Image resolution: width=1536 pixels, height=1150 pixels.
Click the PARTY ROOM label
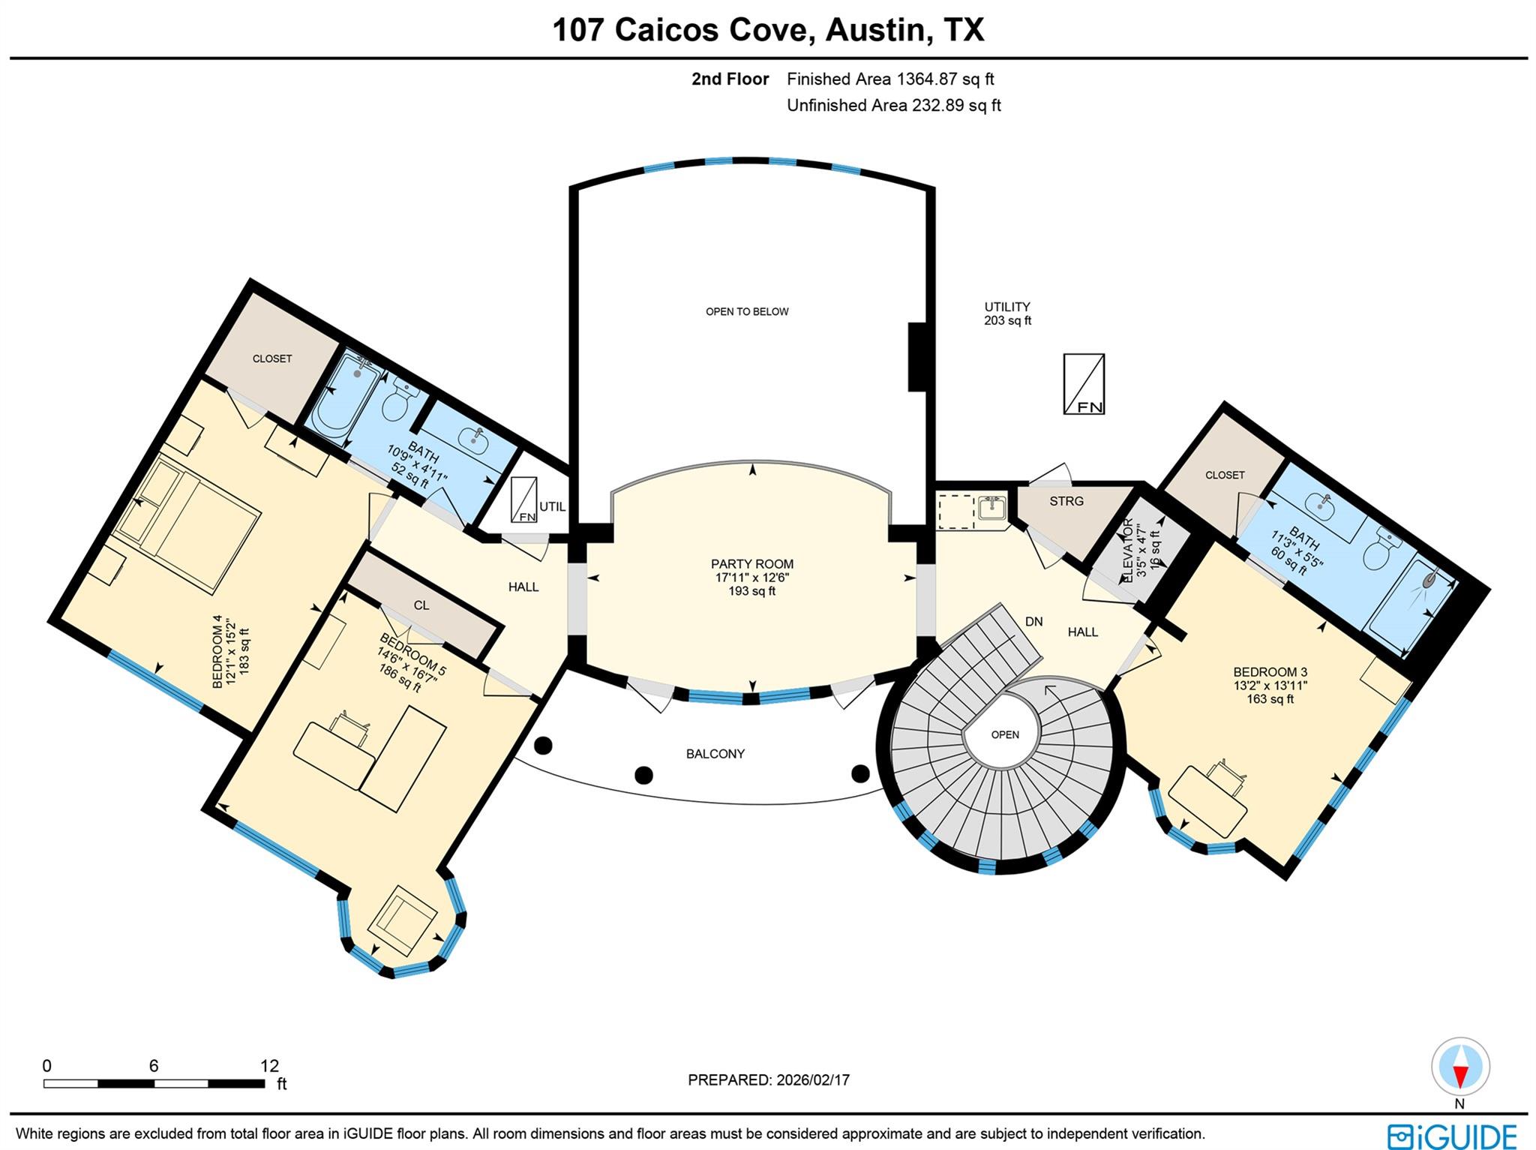click(x=751, y=564)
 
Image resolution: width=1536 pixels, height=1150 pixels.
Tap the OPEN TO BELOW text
click(x=747, y=311)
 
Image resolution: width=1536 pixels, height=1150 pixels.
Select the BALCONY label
click(x=715, y=754)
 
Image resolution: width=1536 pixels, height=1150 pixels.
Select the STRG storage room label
click(x=1066, y=501)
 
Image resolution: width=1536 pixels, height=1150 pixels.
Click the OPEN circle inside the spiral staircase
click(x=1004, y=734)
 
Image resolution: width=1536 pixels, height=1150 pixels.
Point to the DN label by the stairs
click(x=1033, y=621)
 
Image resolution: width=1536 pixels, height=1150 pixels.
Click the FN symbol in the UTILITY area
click(x=1084, y=384)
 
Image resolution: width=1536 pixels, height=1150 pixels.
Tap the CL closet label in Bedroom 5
click(x=421, y=605)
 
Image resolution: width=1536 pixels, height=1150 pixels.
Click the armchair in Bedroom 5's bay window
click(x=406, y=920)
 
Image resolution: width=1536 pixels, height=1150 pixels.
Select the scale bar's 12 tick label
click(x=269, y=1065)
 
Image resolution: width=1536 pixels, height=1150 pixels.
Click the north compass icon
click(x=1459, y=1067)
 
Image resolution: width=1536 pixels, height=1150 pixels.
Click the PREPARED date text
click(x=768, y=1080)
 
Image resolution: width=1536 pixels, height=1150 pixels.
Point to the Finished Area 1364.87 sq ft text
click(x=889, y=79)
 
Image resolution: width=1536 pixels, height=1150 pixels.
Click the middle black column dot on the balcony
click(x=643, y=775)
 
